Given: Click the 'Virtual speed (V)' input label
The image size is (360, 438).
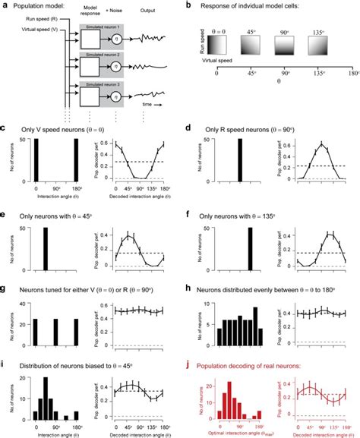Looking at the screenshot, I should tap(30, 34).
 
